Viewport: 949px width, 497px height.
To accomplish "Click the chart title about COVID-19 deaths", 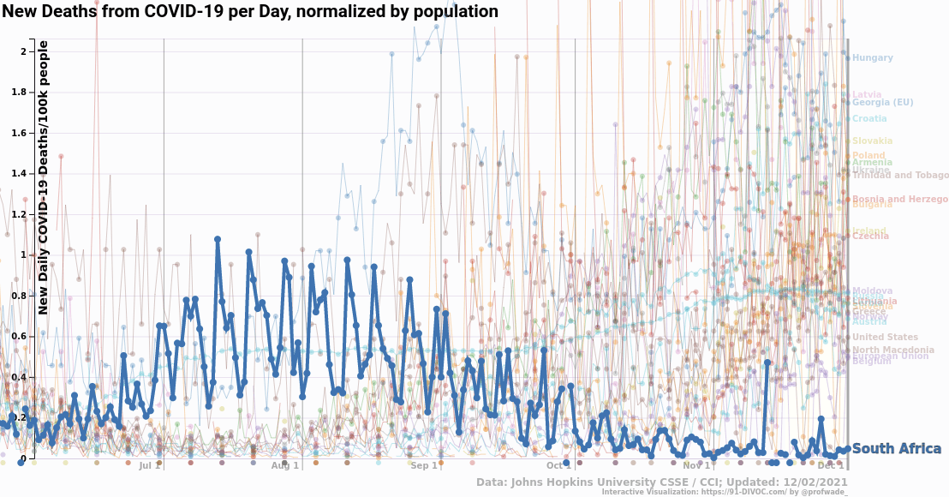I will [249, 12].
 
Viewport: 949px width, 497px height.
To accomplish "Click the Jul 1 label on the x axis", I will [150, 466].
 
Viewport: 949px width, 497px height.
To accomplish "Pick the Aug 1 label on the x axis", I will [285, 466].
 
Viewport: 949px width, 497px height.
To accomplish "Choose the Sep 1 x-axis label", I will [423, 466].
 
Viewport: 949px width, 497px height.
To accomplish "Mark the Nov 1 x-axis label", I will [696, 466].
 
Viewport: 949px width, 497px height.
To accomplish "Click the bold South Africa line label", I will [896, 449].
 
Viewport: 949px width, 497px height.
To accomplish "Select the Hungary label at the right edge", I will [872, 58].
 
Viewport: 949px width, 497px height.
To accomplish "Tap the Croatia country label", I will [869, 119].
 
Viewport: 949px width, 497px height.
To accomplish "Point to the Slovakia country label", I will [872, 141].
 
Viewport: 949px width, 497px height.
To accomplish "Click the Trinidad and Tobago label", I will [899, 176].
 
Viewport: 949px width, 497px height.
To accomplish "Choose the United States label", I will [885, 338].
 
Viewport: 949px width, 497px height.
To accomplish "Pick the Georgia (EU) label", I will [882, 103].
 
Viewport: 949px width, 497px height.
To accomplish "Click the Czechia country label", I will [870, 237].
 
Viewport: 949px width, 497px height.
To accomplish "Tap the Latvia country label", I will [867, 94].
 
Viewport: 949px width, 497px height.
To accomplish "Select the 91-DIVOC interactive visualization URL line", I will [724, 493].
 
